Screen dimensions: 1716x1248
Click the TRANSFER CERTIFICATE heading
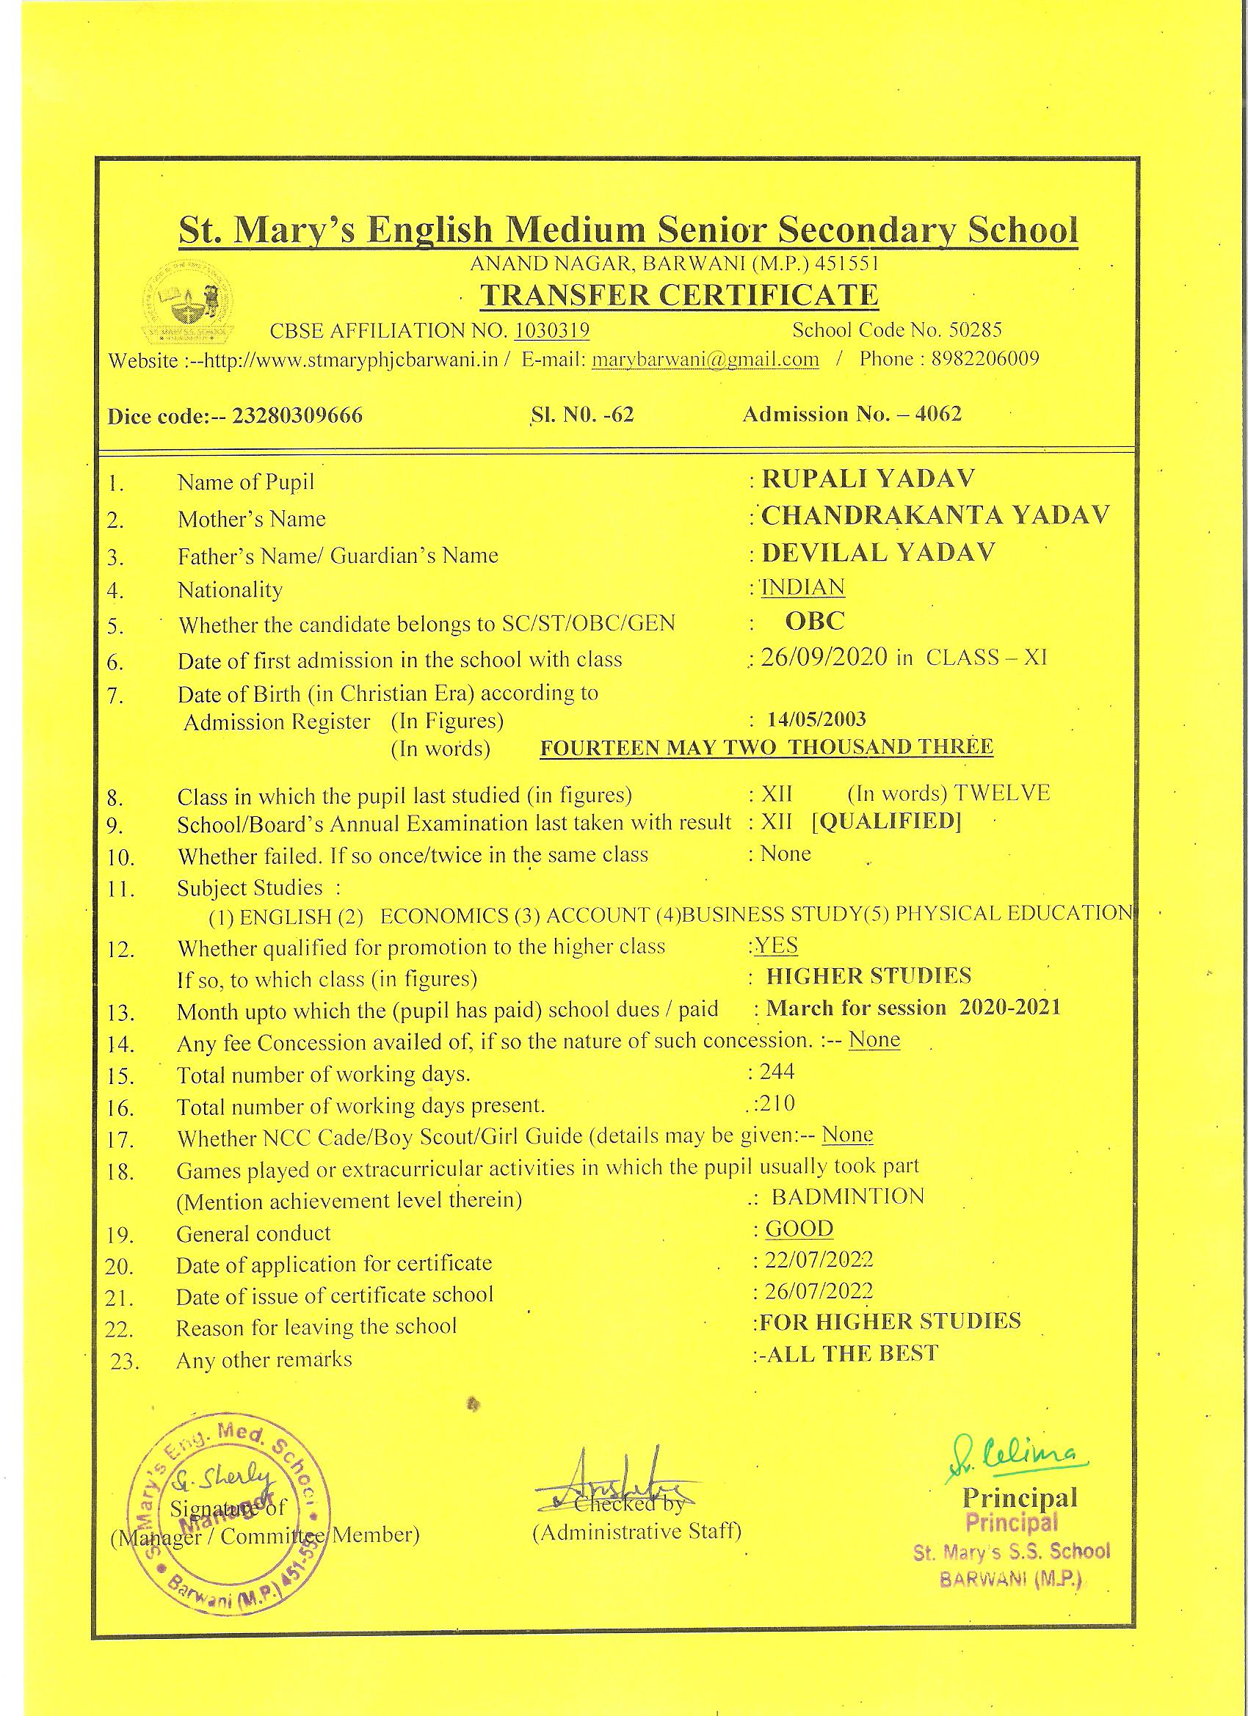tap(679, 295)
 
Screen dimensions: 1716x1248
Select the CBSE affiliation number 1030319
tap(552, 330)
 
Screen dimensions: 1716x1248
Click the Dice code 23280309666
tap(297, 416)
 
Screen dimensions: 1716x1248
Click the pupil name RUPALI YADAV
tap(868, 479)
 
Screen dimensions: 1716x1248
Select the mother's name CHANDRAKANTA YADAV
tap(935, 515)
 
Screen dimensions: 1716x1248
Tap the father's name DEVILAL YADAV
tap(878, 553)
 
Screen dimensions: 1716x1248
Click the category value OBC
tap(814, 621)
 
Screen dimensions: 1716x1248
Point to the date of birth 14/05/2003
tap(816, 719)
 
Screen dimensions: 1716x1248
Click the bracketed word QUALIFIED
tap(886, 821)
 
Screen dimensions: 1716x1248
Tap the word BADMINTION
tap(848, 1196)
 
